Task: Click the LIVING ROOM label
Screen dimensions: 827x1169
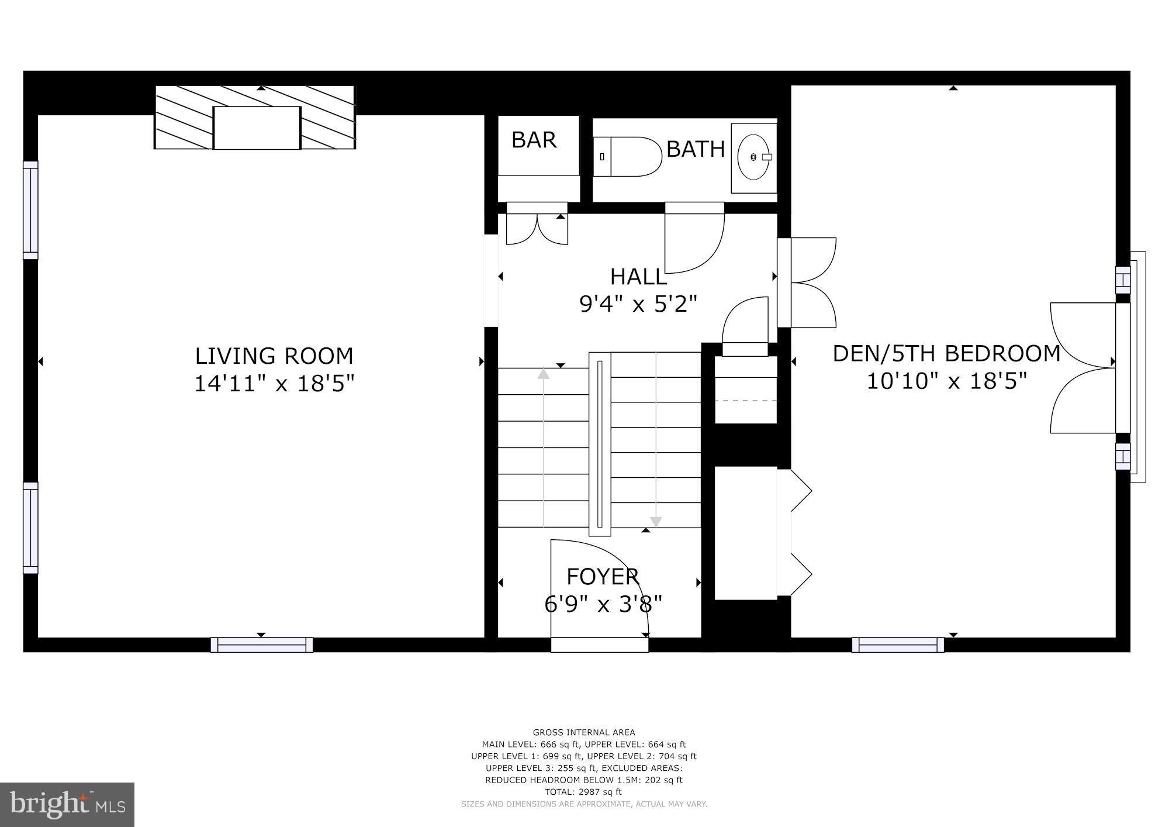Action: [274, 356]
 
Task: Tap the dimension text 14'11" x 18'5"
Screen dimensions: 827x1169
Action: [274, 384]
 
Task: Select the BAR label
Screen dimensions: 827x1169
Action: [534, 140]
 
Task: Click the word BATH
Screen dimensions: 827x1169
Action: [695, 149]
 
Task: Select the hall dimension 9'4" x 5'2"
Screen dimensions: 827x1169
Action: [638, 304]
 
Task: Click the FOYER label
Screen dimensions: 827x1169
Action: [603, 577]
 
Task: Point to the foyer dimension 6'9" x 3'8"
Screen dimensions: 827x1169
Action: [603, 604]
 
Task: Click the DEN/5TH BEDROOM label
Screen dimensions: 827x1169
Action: [946, 353]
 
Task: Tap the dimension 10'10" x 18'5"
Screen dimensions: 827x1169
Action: [946, 381]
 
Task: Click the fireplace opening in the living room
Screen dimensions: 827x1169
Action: [257, 128]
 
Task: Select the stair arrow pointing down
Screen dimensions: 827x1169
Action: [656, 521]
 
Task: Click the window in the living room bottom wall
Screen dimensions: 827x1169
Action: [261, 645]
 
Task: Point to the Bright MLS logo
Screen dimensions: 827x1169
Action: [67, 805]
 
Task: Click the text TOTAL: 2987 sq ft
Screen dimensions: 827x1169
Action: [583, 792]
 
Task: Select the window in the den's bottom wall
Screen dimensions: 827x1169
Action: [898, 645]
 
